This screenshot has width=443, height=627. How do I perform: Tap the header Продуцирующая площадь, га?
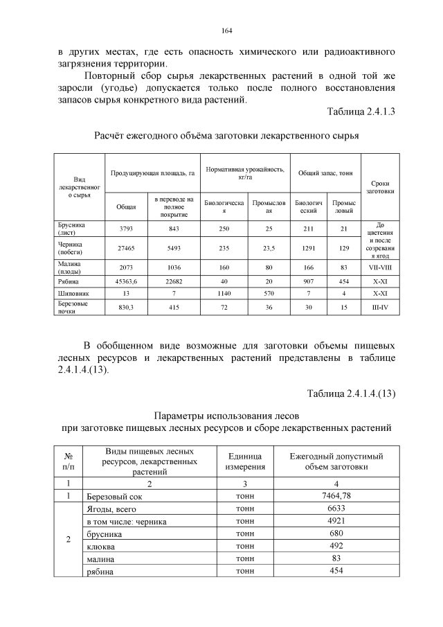pos(152,171)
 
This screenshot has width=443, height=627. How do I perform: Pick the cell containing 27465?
pos(126,247)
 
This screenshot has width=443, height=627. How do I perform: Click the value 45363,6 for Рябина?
pos(126,282)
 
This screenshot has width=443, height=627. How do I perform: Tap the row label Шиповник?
pos(73,294)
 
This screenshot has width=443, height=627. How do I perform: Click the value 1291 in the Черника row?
pos(308,247)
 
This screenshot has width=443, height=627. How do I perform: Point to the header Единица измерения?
pos(244,461)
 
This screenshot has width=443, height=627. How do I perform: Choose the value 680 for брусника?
pos(336,533)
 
